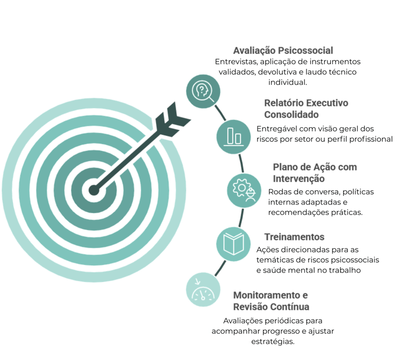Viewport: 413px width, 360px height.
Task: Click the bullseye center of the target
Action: point(94,190)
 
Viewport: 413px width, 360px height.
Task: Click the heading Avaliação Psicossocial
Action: point(283,51)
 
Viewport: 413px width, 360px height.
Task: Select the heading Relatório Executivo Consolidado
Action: point(307,109)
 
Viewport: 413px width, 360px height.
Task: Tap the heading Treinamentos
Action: point(295,237)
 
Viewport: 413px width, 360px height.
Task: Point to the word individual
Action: point(288,83)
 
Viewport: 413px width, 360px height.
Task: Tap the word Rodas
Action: point(280,191)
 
